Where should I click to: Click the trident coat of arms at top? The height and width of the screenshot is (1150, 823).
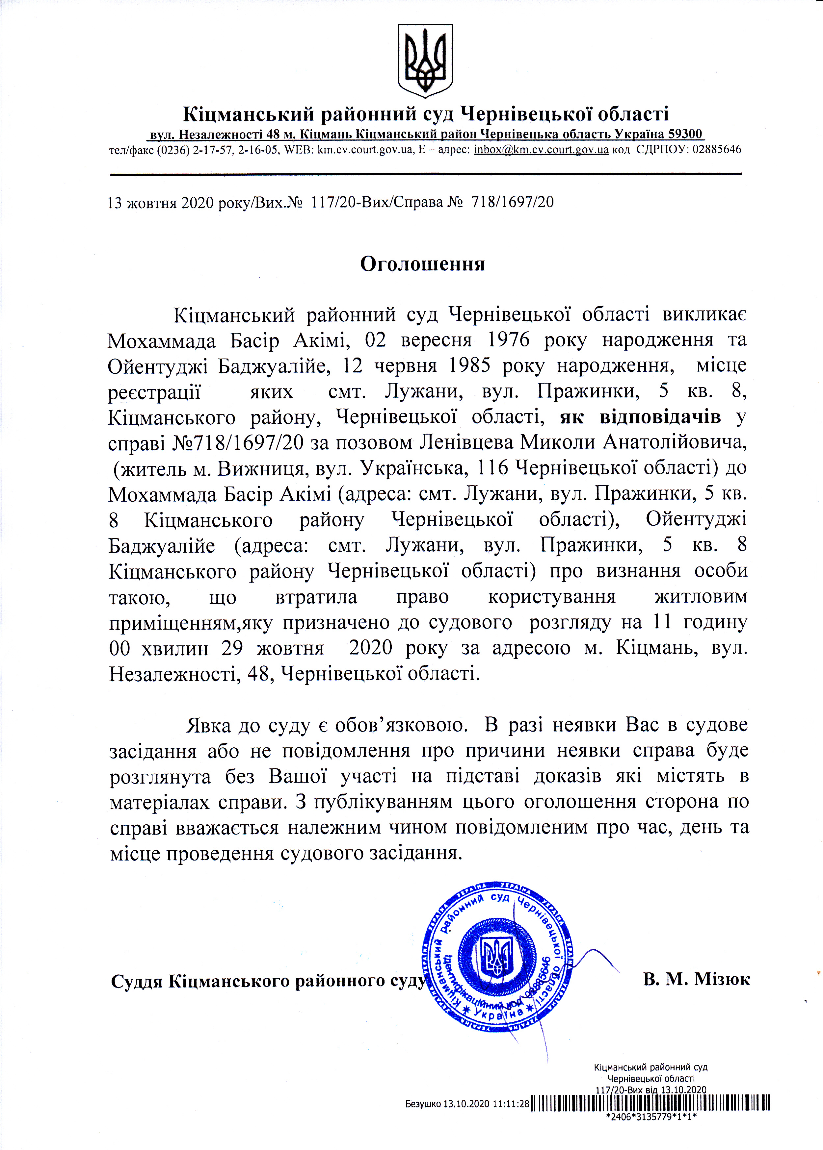coord(425,61)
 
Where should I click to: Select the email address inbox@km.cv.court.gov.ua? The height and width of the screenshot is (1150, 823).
coord(541,150)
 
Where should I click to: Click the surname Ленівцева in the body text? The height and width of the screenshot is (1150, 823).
coord(467,442)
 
